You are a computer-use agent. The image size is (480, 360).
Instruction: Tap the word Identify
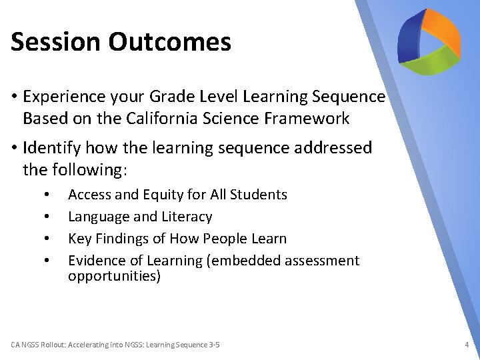tap(56, 148)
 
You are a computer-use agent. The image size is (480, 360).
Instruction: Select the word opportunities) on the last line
tap(114, 276)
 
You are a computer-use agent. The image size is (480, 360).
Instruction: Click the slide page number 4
tap(467, 345)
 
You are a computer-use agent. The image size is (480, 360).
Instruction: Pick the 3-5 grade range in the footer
tap(213, 345)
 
